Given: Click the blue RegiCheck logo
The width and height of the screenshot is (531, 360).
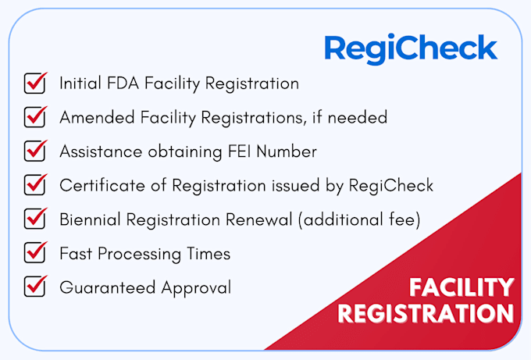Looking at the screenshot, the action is click(411, 48).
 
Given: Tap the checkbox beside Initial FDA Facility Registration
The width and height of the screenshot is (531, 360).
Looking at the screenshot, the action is click(35, 84).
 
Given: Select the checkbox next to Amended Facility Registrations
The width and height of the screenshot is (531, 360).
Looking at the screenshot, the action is click(35, 117).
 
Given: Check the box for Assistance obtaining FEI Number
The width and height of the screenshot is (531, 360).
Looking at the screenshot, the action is click(35, 151).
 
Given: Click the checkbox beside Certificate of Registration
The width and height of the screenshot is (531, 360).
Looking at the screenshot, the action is click(35, 185).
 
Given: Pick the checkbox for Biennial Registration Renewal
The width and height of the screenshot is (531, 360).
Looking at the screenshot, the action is click(35, 219).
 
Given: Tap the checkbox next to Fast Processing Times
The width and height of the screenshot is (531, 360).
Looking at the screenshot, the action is click(35, 253).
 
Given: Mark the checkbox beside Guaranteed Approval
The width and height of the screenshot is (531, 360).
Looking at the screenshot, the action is click(35, 287).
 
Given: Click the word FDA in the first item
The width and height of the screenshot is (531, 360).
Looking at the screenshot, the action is click(123, 84).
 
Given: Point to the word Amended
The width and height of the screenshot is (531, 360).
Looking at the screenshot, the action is click(97, 117).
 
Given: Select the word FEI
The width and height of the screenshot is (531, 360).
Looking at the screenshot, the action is click(240, 151).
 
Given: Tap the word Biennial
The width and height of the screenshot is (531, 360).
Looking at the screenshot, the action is click(90, 219).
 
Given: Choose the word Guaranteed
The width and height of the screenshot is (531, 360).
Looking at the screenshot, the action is click(108, 287).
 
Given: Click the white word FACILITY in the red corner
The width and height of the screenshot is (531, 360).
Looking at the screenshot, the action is click(462, 287).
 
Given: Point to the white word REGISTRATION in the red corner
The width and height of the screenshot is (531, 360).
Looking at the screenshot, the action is click(426, 313).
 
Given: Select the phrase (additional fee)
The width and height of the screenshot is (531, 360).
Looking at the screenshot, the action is click(360, 219).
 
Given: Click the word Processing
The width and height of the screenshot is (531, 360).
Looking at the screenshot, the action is click(140, 254).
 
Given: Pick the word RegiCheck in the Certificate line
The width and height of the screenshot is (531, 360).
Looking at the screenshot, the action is click(391, 186).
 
